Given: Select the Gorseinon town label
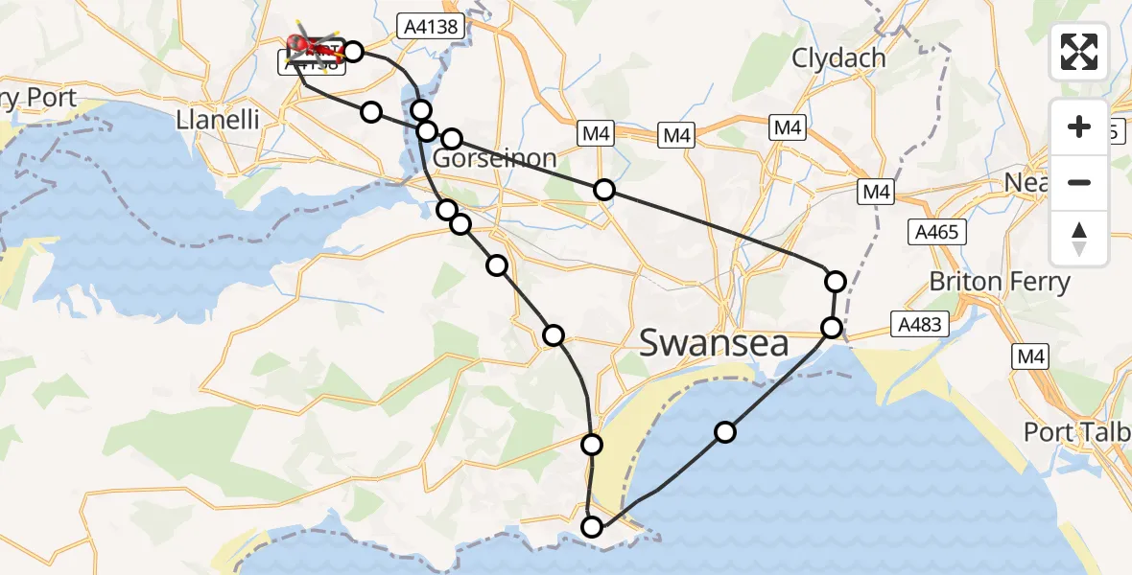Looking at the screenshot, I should [x=495, y=158].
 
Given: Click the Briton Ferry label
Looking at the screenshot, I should [x=1000, y=282].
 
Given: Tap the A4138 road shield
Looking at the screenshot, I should [x=433, y=28].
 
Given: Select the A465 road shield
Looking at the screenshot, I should [x=938, y=232].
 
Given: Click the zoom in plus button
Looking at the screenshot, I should [x=1079, y=126].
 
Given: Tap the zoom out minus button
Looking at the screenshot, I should [x=1079, y=182].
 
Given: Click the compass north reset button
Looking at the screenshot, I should [x=1079, y=239].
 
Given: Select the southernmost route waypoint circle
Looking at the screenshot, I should [x=592, y=526].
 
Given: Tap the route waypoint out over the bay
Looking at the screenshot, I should [x=725, y=432].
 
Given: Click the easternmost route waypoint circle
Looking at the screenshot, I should [x=836, y=282].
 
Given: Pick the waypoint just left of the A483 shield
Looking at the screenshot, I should [x=832, y=328].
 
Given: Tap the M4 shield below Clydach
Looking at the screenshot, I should [x=788, y=126].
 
